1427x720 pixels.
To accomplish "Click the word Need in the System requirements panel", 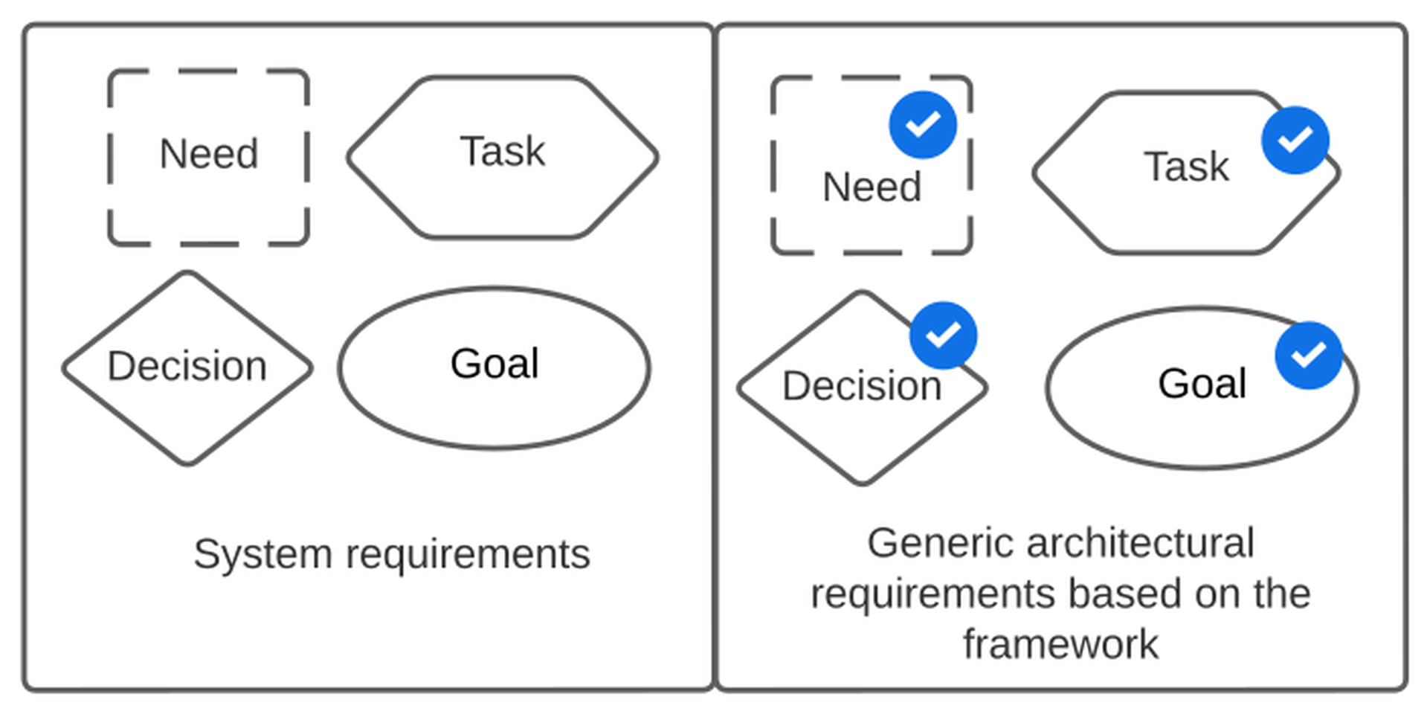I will coord(209,154).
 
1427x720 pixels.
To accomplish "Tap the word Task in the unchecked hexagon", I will coord(503,151).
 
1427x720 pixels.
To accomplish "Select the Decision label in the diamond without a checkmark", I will coord(187,366).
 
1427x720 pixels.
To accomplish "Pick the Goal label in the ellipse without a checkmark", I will coord(495,364).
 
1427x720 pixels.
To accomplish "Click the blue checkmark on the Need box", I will coord(923,125).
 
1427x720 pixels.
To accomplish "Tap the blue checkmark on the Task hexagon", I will coord(1295,140).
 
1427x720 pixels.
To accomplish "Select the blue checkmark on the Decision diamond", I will coord(943,335).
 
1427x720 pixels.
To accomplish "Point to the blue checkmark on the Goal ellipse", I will coord(1309,355).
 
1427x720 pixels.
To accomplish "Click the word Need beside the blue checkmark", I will coord(872,187).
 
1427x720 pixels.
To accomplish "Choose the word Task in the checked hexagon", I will coord(1187,166).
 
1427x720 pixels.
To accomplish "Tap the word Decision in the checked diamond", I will coord(862,386).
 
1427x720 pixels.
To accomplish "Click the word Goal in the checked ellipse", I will coord(1202,384).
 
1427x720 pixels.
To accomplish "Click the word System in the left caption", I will coord(262,555).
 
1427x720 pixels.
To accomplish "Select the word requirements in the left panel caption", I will coord(468,555).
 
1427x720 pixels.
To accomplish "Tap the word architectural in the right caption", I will coord(1141,543).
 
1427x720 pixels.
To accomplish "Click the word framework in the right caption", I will coord(1060,644).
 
